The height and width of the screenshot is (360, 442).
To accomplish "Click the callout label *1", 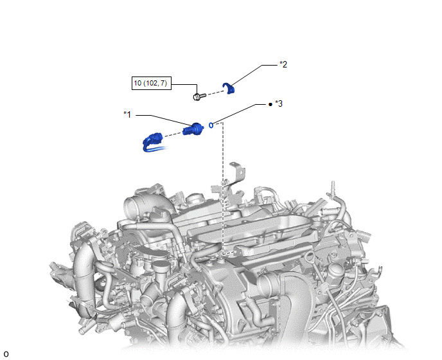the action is point(127,114).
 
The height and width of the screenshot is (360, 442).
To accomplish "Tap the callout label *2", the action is point(283,64).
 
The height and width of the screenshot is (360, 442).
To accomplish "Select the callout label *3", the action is point(279,104).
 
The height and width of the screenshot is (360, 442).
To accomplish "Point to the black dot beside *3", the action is point(270,104).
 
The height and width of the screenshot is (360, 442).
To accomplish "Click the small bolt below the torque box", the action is point(200,96).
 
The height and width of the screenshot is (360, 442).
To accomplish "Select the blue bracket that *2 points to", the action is point(229,89).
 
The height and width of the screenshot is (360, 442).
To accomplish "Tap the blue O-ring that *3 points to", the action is point(211,125).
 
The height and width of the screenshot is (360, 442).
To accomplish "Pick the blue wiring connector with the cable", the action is point(154,143).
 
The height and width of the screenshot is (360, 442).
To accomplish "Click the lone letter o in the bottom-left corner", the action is point(6,354).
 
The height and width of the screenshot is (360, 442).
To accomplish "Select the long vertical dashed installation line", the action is point(223,188).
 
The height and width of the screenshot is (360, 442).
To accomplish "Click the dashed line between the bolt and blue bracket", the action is point(217,93).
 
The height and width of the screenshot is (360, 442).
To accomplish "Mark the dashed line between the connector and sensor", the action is point(173,134).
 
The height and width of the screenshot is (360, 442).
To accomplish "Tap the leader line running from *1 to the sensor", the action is point(164,120).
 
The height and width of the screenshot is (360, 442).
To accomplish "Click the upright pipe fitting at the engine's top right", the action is point(333,188).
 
